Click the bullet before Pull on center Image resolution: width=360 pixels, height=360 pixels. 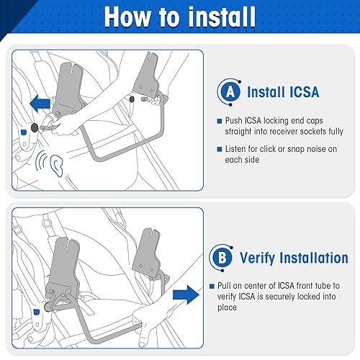212,285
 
